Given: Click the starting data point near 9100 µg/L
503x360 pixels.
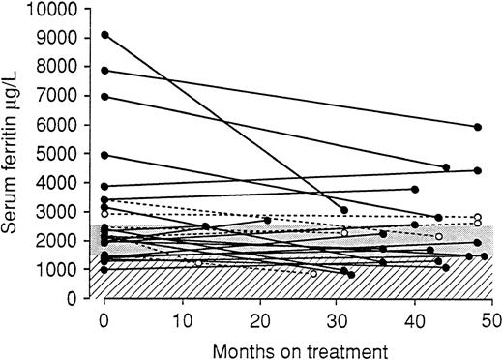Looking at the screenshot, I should pos(105,35).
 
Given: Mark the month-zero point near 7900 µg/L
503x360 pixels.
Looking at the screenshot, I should pos(105,70).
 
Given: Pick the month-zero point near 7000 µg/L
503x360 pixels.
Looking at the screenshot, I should pos(105,96).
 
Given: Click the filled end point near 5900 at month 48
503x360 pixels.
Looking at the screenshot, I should pos(477,127).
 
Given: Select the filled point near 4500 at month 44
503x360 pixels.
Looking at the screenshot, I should pos(446,167).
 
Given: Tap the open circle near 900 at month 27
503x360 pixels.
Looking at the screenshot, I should pos(313,273).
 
